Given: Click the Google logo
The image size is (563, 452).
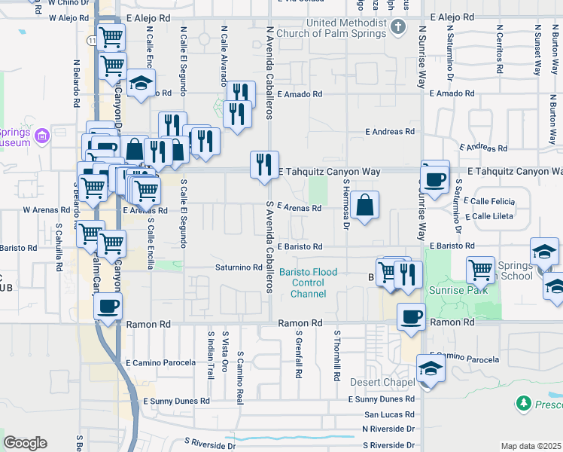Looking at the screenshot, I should [x=25, y=443].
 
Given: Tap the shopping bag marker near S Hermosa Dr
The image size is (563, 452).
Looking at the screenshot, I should [x=364, y=205].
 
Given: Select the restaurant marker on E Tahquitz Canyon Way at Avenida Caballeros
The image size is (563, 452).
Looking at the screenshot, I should [x=263, y=164].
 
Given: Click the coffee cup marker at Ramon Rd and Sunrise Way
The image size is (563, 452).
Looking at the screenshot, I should [x=411, y=316].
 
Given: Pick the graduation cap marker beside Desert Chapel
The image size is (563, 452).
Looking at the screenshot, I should [x=431, y=369].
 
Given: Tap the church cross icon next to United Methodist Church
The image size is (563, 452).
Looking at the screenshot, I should [x=399, y=28].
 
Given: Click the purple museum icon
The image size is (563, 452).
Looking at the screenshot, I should [x=41, y=136].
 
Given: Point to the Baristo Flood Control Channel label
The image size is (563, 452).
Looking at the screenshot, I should [x=309, y=282].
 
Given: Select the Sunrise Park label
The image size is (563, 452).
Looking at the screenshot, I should [x=455, y=289].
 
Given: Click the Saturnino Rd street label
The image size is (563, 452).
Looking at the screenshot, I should [x=239, y=267].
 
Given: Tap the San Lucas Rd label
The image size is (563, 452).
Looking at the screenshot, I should [x=389, y=414].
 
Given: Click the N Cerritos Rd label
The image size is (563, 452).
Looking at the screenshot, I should [x=499, y=50].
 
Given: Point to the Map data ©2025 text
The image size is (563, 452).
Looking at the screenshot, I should [x=531, y=446].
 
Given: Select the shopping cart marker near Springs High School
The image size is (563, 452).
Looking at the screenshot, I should [x=480, y=268].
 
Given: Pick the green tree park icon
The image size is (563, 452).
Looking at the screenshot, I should [x=525, y=405].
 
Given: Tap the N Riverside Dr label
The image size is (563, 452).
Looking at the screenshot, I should [x=389, y=428].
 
